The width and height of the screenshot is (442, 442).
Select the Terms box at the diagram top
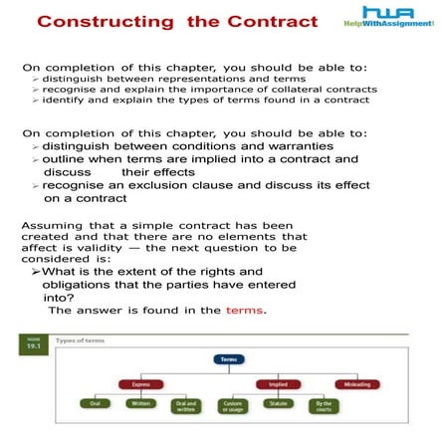pos(229,359)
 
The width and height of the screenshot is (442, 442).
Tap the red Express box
pos(140,384)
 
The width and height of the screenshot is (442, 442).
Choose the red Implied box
pos(278,384)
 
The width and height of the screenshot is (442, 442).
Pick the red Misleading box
pos(356,384)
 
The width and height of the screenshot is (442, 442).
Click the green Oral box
pos(96,404)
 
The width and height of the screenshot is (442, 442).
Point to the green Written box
pos(140,404)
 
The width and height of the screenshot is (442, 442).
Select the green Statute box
pos(278,404)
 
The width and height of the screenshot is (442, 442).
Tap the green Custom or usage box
pos(231,406)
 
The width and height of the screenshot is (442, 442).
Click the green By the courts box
pos(324,406)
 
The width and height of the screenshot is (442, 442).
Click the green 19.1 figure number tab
pos(34,343)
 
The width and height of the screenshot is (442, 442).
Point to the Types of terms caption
pos(80,340)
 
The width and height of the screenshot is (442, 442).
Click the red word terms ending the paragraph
pos(245,311)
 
